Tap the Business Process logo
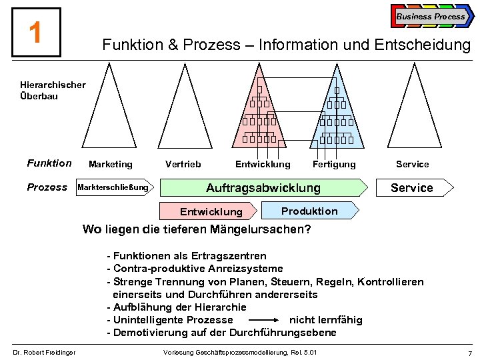click(431, 16)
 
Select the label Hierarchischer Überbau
click(53, 91)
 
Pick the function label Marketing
click(110, 164)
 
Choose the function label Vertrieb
click(183, 164)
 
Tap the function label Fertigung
click(334, 164)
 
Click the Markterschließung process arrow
click(114, 187)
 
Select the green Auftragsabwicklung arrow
click(263, 188)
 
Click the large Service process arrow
click(412, 188)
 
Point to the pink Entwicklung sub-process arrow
click(211, 212)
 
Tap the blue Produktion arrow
click(309, 211)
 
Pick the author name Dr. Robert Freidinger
click(43, 352)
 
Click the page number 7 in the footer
click(470, 352)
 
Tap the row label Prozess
click(47, 187)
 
